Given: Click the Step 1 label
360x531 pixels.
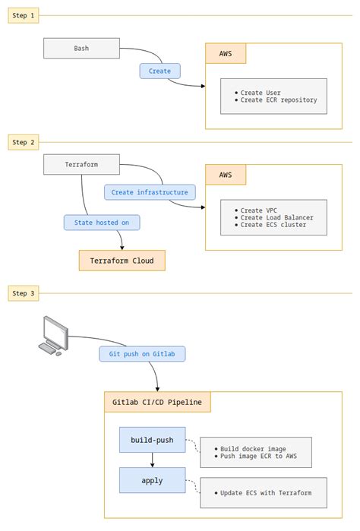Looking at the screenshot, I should pyautogui.click(x=23, y=16).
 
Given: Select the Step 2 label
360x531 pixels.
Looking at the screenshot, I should pyautogui.click(x=23, y=141).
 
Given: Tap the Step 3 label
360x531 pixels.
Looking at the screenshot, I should pyautogui.click(x=23, y=292).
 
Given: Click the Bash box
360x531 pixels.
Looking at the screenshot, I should pyautogui.click(x=81, y=49).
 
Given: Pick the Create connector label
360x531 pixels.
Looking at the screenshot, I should pyautogui.click(x=159, y=71).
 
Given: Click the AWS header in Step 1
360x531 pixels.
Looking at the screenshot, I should pyautogui.click(x=226, y=54).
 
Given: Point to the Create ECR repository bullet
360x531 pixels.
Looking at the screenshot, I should pyautogui.click(x=278, y=100).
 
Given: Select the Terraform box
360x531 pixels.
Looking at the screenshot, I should pyautogui.click(x=81, y=164).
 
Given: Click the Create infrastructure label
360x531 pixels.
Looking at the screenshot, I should pyautogui.click(x=149, y=192).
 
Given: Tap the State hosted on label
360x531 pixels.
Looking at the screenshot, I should pyautogui.click(x=102, y=223).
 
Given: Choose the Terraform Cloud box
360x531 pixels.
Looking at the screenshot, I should pyautogui.click(x=122, y=261).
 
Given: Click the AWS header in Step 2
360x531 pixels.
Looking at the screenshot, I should pyautogui.click(x=226, y=175).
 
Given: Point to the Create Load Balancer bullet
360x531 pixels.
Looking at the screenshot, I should pyautogui.click(x=276, y=217).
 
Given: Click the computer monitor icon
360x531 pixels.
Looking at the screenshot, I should pyautogui.click(x=54, y=335).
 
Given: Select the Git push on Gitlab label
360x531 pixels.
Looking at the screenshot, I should pyautogui.click(x=142, y=354).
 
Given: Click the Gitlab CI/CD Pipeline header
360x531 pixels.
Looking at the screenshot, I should pyautogui.click(x=157, y=402).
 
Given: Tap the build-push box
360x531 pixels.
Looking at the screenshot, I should pyautogui.click(x=152, y=440).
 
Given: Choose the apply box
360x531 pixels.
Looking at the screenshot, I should pyautogui.click(x=152, y=480).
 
